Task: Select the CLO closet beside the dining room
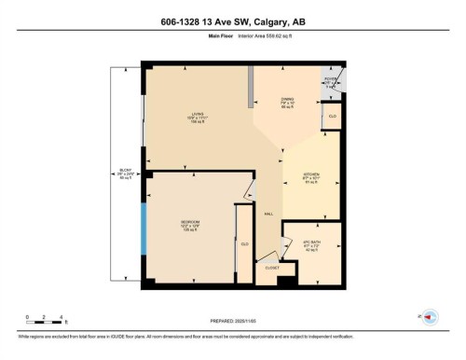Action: tap(332, 116)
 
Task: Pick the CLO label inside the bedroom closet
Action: tap(244, 243)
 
